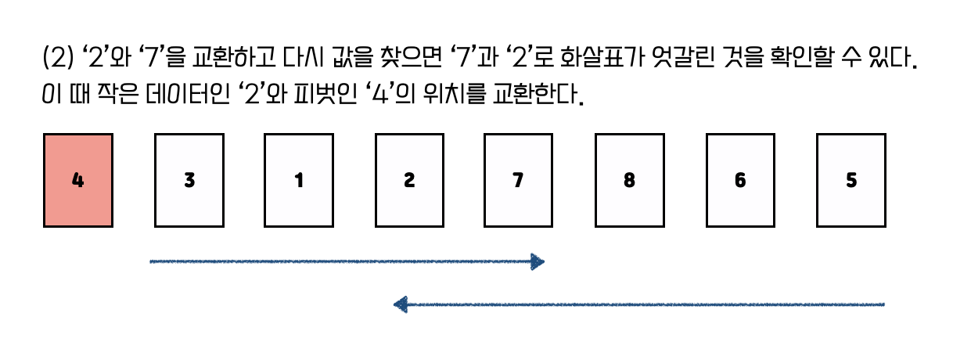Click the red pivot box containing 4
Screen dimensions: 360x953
[x=77, y=181]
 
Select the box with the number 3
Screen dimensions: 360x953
[x=189, y=181]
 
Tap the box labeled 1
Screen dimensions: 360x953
[x=299, y=181]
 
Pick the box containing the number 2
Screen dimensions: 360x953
[x=409, y=181]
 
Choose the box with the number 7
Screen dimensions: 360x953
[x=518, y=181]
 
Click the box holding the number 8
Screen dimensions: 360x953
[x=630, y=181]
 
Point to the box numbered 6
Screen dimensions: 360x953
[x=740, y=181]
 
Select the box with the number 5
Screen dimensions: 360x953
[x=851, y=181]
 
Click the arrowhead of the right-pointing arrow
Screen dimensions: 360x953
[x=537, y=261]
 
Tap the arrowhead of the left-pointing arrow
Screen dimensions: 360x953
[x=401, y=304]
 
